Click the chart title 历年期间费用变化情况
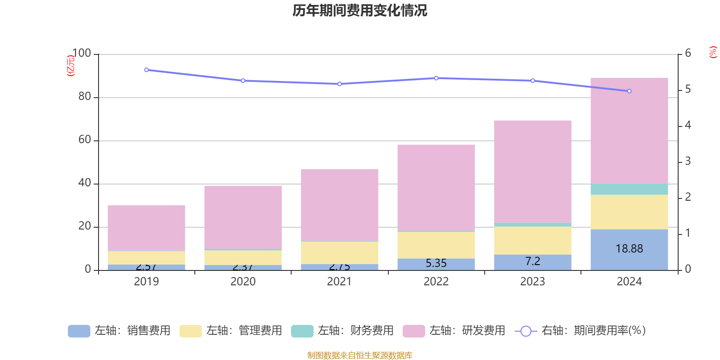[x=360, y=11]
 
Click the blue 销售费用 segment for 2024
[x=629, y=259]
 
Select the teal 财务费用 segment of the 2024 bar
[x=629, y=189]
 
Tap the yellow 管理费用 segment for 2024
[x=629, y=212]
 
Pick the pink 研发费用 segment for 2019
[x=146, y=228]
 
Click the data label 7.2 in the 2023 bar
[x=532, y=261]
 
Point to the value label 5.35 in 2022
[x=436, y=263]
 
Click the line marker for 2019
[x=146, y=70]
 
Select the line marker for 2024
[x=629, y=91]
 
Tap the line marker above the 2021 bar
[x=340, y=84]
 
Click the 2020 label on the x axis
[x=243, y=282]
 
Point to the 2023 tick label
[x=532, y=282]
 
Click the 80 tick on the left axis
[x=85, y=97]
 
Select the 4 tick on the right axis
[x=688, y=125]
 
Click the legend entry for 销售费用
[x=119, y=331]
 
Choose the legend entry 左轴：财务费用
[x=342, y=331]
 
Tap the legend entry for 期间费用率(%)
[x=580, y=331]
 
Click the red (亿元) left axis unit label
[x=71, y=66]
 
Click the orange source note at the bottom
[x=360, y=355]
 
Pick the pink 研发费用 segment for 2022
[x=436, y=187]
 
